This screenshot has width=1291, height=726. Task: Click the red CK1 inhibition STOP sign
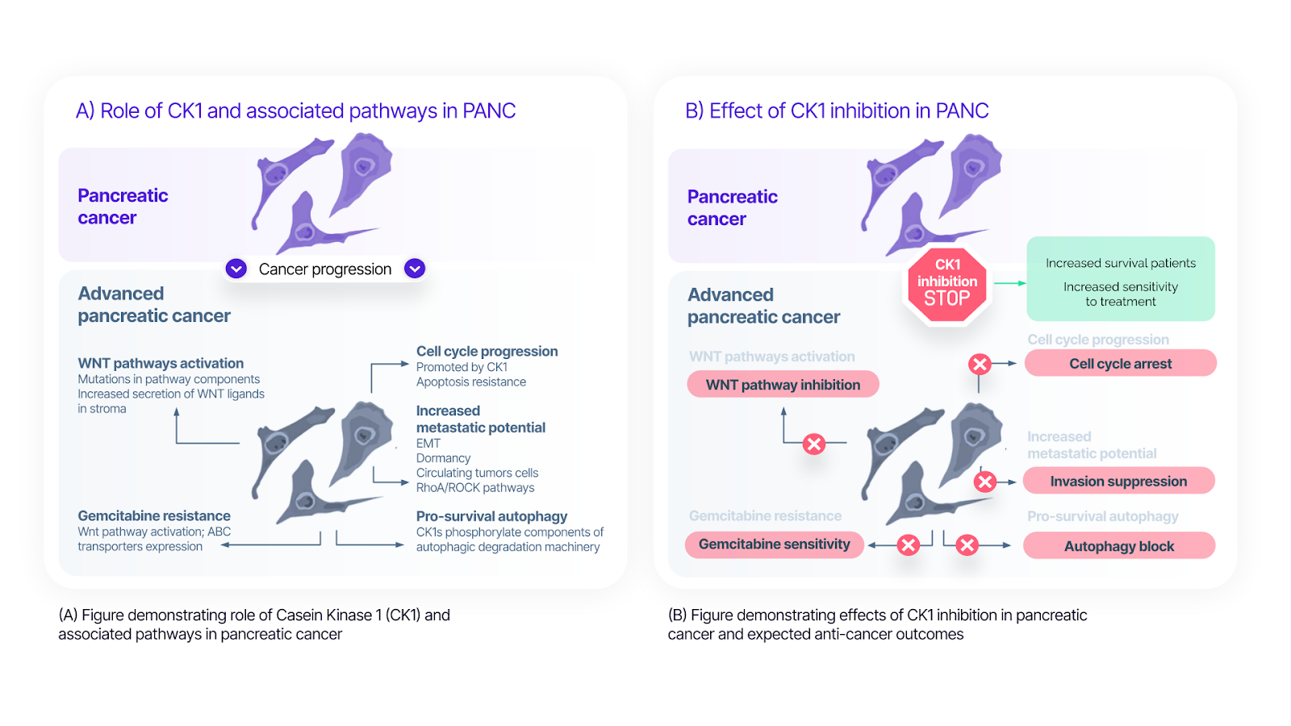coord(946,284)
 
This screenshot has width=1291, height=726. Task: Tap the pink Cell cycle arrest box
coord(1120,364)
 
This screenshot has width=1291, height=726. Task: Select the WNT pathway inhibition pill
coord(783,385)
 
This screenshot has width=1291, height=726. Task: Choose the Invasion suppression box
coord(1118,482)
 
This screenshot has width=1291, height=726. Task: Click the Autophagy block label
coord(1118,546)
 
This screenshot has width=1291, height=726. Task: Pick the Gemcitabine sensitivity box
coord(774,544)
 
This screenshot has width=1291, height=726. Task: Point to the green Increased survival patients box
coord(1120,279)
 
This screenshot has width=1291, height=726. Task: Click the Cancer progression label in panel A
coord(325,269)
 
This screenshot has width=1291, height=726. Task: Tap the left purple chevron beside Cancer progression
coord(236,269)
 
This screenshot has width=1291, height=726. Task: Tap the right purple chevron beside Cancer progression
coord(415,269)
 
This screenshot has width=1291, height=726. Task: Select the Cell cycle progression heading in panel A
coord(487,352)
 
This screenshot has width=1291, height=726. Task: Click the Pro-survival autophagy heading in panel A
coord(491,516)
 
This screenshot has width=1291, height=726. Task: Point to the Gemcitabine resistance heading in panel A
coord(154,516)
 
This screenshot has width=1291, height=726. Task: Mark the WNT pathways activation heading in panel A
coord(161,364)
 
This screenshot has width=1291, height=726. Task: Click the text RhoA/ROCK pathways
coord(475,488)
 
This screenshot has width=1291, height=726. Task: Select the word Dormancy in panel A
coord(443,458)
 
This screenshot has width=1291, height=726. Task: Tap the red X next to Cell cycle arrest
coord(980,364)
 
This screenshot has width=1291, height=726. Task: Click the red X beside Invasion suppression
coord(984,482)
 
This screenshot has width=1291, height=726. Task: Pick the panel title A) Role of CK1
coord(295,111)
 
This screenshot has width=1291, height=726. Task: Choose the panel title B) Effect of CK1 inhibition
coord(837,111)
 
